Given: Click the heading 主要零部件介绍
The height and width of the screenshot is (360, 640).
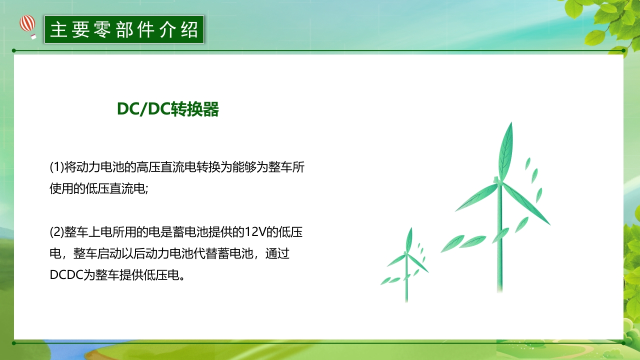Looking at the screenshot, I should point(124,29).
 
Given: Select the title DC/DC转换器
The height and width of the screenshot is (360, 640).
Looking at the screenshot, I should point(168,109).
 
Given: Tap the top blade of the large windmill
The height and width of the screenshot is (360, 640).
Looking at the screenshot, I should point(506,150).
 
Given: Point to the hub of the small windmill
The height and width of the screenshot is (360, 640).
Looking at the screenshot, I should point(407,255).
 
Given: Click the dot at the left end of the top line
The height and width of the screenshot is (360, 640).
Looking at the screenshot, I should point(14,50).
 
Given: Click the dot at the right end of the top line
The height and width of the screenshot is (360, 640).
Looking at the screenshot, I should point(624,50).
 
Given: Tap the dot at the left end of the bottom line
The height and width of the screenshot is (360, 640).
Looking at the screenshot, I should point(14,343).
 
